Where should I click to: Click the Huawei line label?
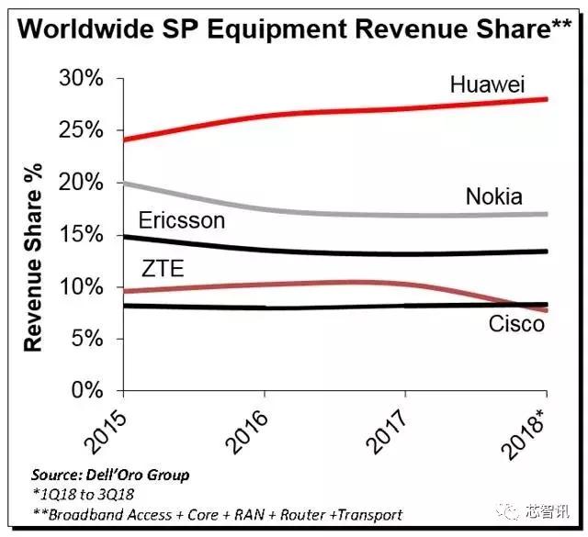[x=487, y=85]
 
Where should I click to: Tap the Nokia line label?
[x=493, y=196]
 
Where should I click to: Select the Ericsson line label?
[x=181, y=220]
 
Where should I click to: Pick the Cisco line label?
[x=516, y=323]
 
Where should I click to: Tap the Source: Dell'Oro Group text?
[x=109, y=475]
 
